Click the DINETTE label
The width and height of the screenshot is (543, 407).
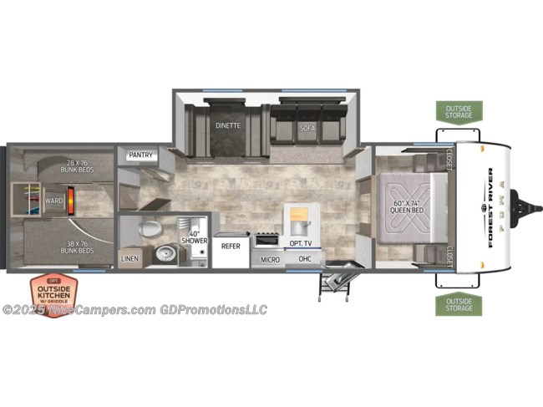(227, 126)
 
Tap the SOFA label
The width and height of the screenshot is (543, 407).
(306, 128)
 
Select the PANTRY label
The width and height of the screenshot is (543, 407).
(139, 155)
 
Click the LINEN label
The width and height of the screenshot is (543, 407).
(129, 260)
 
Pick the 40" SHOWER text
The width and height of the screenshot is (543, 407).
(196, 237)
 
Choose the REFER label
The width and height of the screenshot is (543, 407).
(230, 247)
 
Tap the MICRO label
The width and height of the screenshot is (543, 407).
(269, 260)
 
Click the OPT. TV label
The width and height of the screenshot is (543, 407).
(300, 242)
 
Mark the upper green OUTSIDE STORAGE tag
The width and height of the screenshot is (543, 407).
(458, 112)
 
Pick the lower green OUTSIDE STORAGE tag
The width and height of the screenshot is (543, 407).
(458, 304)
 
